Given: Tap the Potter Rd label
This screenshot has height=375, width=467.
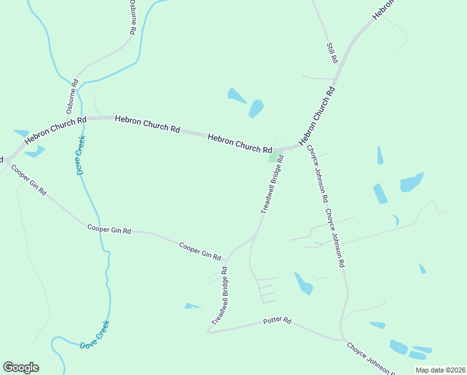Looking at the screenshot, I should pyautogui.click(x=277, y=321).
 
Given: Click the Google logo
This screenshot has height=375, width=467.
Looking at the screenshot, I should pyautogui.click(x=21, y=367).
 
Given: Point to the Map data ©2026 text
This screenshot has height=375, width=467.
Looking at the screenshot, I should pyautogui.click(x=440, y=370).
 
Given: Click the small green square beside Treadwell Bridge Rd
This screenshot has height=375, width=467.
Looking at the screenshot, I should pyautogui.click(x=273, y=157).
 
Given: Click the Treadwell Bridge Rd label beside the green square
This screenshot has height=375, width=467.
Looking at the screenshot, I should pyautogui.click(x=273, y=185).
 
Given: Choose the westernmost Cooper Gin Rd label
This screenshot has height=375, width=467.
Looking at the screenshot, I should pyautogui.click(x=29, y=181).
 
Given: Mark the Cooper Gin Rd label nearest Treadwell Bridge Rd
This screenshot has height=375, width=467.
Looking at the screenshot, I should pyautogui.click(x=200, y=251).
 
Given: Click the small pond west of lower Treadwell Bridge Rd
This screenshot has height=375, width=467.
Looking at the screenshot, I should pyautogui.click(x=192, y=306).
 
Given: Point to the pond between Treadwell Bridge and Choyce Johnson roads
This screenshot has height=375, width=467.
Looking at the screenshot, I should pyautogui.click(x=303, y=283).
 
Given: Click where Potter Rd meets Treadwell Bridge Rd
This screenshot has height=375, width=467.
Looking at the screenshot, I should pyautogui.click(x=208, y=332).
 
